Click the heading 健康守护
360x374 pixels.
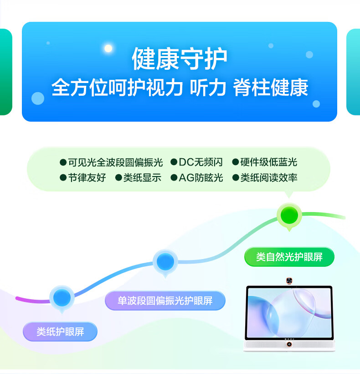pos(180,59)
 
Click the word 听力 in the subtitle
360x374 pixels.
pos(208,88)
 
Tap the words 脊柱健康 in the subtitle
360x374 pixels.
pos(270,88)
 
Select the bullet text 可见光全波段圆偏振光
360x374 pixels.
pos(116,162)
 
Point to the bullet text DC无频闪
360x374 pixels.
pos(201,162)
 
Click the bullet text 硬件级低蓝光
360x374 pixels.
pos(269,162)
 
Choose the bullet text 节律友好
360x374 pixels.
pos(87,178)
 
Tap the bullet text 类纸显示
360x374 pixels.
pos(142,178)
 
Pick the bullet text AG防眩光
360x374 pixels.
pos(201,178)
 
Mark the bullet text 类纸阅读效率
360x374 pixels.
pos(269,178)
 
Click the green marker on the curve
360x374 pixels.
pos(289,215)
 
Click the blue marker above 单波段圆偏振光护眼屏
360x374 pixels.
pos(165,262)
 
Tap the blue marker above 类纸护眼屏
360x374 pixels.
pos(62,298)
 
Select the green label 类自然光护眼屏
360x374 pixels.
pos(289,257)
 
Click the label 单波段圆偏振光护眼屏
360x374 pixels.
pos(165,301)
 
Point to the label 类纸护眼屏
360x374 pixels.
pos(60,332)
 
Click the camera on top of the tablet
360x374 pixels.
pos(289,281)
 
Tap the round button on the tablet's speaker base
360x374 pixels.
pos(289,344)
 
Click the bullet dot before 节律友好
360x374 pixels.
pos(63,178)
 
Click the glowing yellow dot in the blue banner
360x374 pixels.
pos(108,48)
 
